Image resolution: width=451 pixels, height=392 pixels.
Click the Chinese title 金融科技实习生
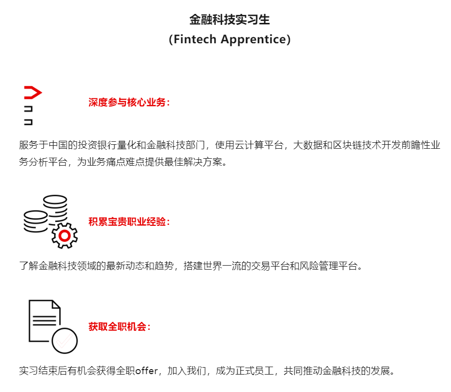(x=229, y=20)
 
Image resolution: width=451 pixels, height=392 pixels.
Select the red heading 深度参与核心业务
(x=129, y=103)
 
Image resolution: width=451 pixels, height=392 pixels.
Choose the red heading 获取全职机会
(x=119, y=327)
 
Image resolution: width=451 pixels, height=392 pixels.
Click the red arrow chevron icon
(x=32, y=93)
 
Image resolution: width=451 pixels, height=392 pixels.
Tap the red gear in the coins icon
(x=64, y=236)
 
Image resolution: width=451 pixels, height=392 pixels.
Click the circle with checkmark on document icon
(x=65, y=340)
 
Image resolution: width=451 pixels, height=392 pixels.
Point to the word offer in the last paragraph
(x=146, y=371)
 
